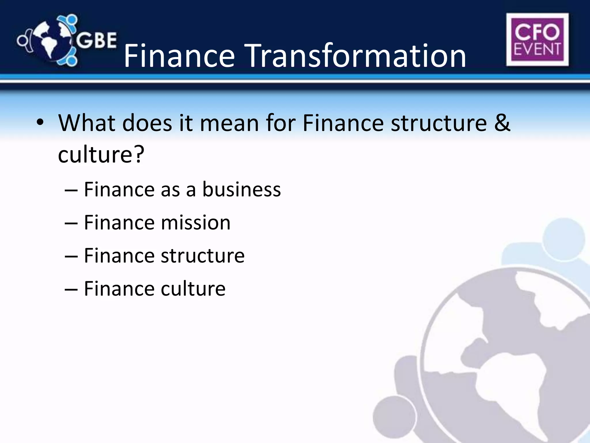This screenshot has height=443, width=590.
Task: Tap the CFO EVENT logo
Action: pyautogui.click(x=537, y=40)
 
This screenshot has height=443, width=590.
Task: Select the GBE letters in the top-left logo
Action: pyautogui.click(x=97, y=40)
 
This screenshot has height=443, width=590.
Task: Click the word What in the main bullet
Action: pyautogui.click(x=86, y=123)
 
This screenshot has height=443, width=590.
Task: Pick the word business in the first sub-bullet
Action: pyautogui.click(x=241, y=189)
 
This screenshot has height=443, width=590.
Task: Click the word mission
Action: pyautogui.click(x=196, y=223)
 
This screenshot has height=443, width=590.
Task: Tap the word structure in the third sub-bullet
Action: pyautogui.click(x=203, y=256)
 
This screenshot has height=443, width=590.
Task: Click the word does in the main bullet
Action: pyautogui.click(x=147, y=123)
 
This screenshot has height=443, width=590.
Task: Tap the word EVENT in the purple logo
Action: pyautogui.click(x=537, y=49)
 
